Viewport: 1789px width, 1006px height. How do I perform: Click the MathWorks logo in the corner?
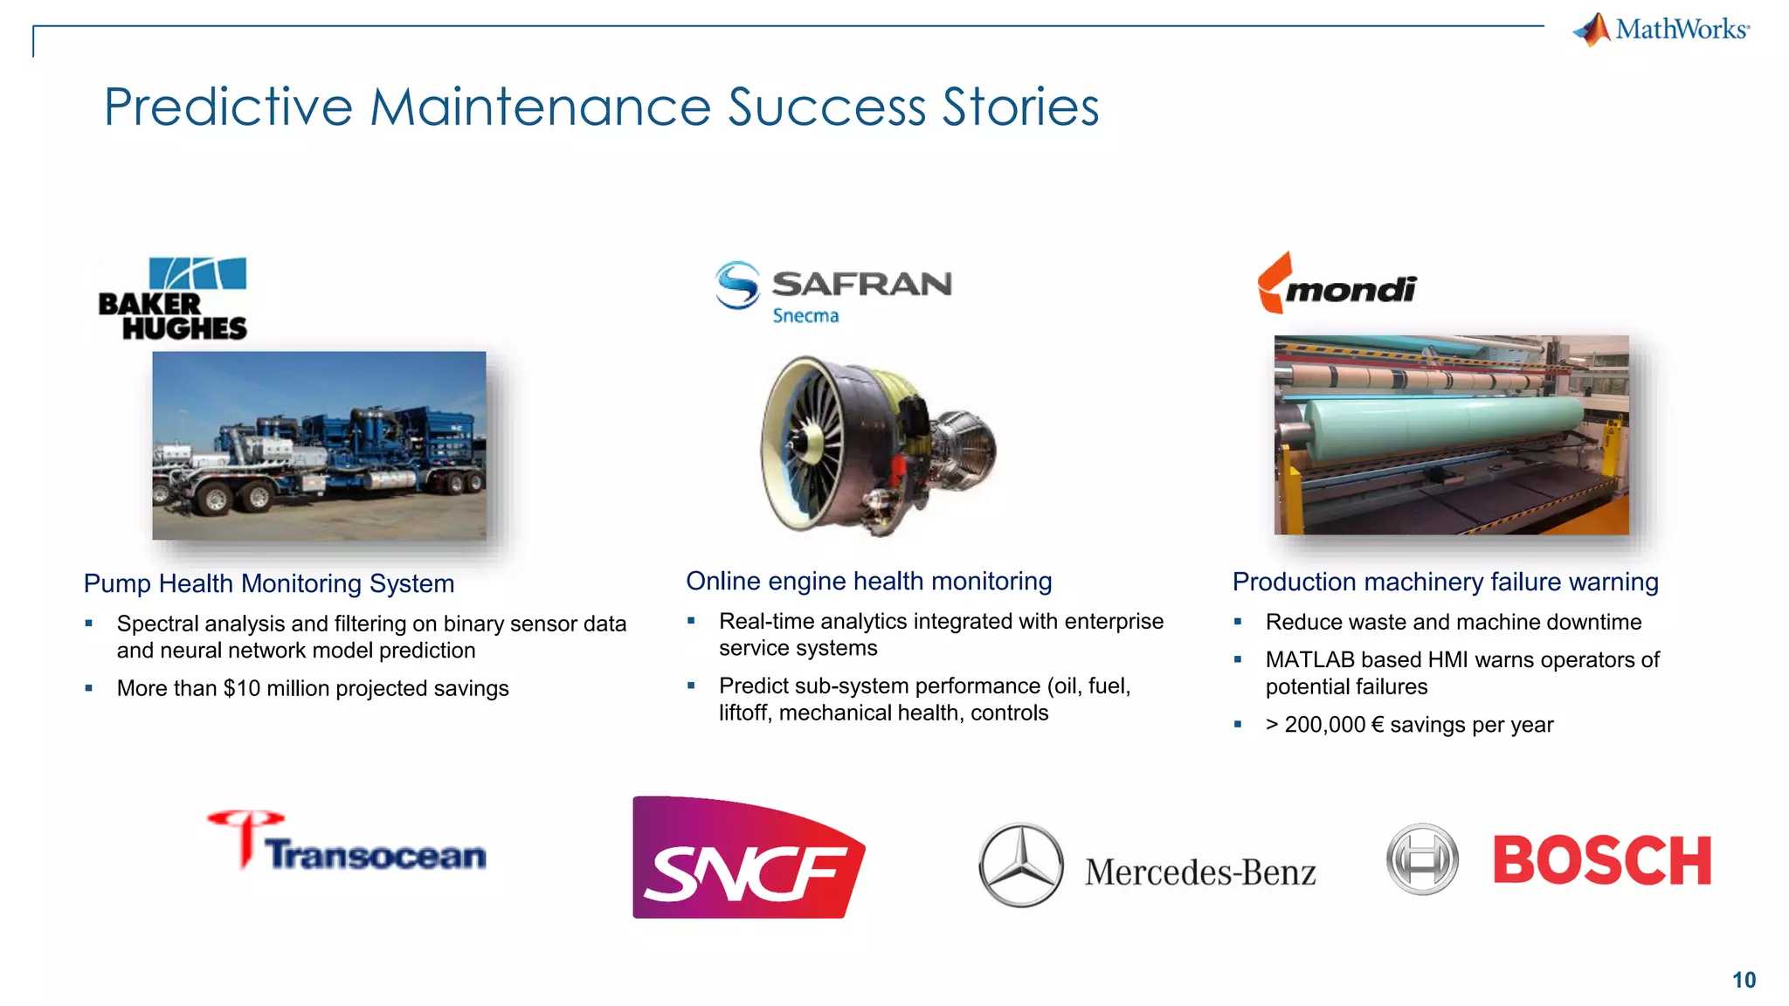[x=1661, y=30]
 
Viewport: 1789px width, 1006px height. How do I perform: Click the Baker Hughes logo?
[x=173, y=299]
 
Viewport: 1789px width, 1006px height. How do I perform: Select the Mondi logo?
[x=1337, y=285]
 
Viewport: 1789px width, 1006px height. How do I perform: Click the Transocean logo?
[x=347, y=842]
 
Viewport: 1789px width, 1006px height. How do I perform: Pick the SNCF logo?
[x=748, y=858]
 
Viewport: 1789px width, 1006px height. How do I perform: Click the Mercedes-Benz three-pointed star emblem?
[x=1020, y=865]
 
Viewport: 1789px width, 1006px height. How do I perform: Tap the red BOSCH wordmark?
[x=1601, y=861]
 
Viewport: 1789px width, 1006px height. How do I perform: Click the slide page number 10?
[x=1744, y=980]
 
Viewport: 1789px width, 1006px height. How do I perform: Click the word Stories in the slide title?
[x=1020, y=107]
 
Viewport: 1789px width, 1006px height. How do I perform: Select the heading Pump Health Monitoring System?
[x=269, y=583]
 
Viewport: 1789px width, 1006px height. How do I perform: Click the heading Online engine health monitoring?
[x=868, y=581]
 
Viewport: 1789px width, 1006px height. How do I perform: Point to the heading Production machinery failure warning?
[x=1445, y=582]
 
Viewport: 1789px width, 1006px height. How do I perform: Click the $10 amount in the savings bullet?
[x=242, y=688]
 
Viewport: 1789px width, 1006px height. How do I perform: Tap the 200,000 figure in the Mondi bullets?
[x=1324, y=725]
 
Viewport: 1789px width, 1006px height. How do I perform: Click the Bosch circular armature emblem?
[x=1422, y=859]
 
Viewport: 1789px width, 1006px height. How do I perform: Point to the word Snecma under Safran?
[x=805, y=316]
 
